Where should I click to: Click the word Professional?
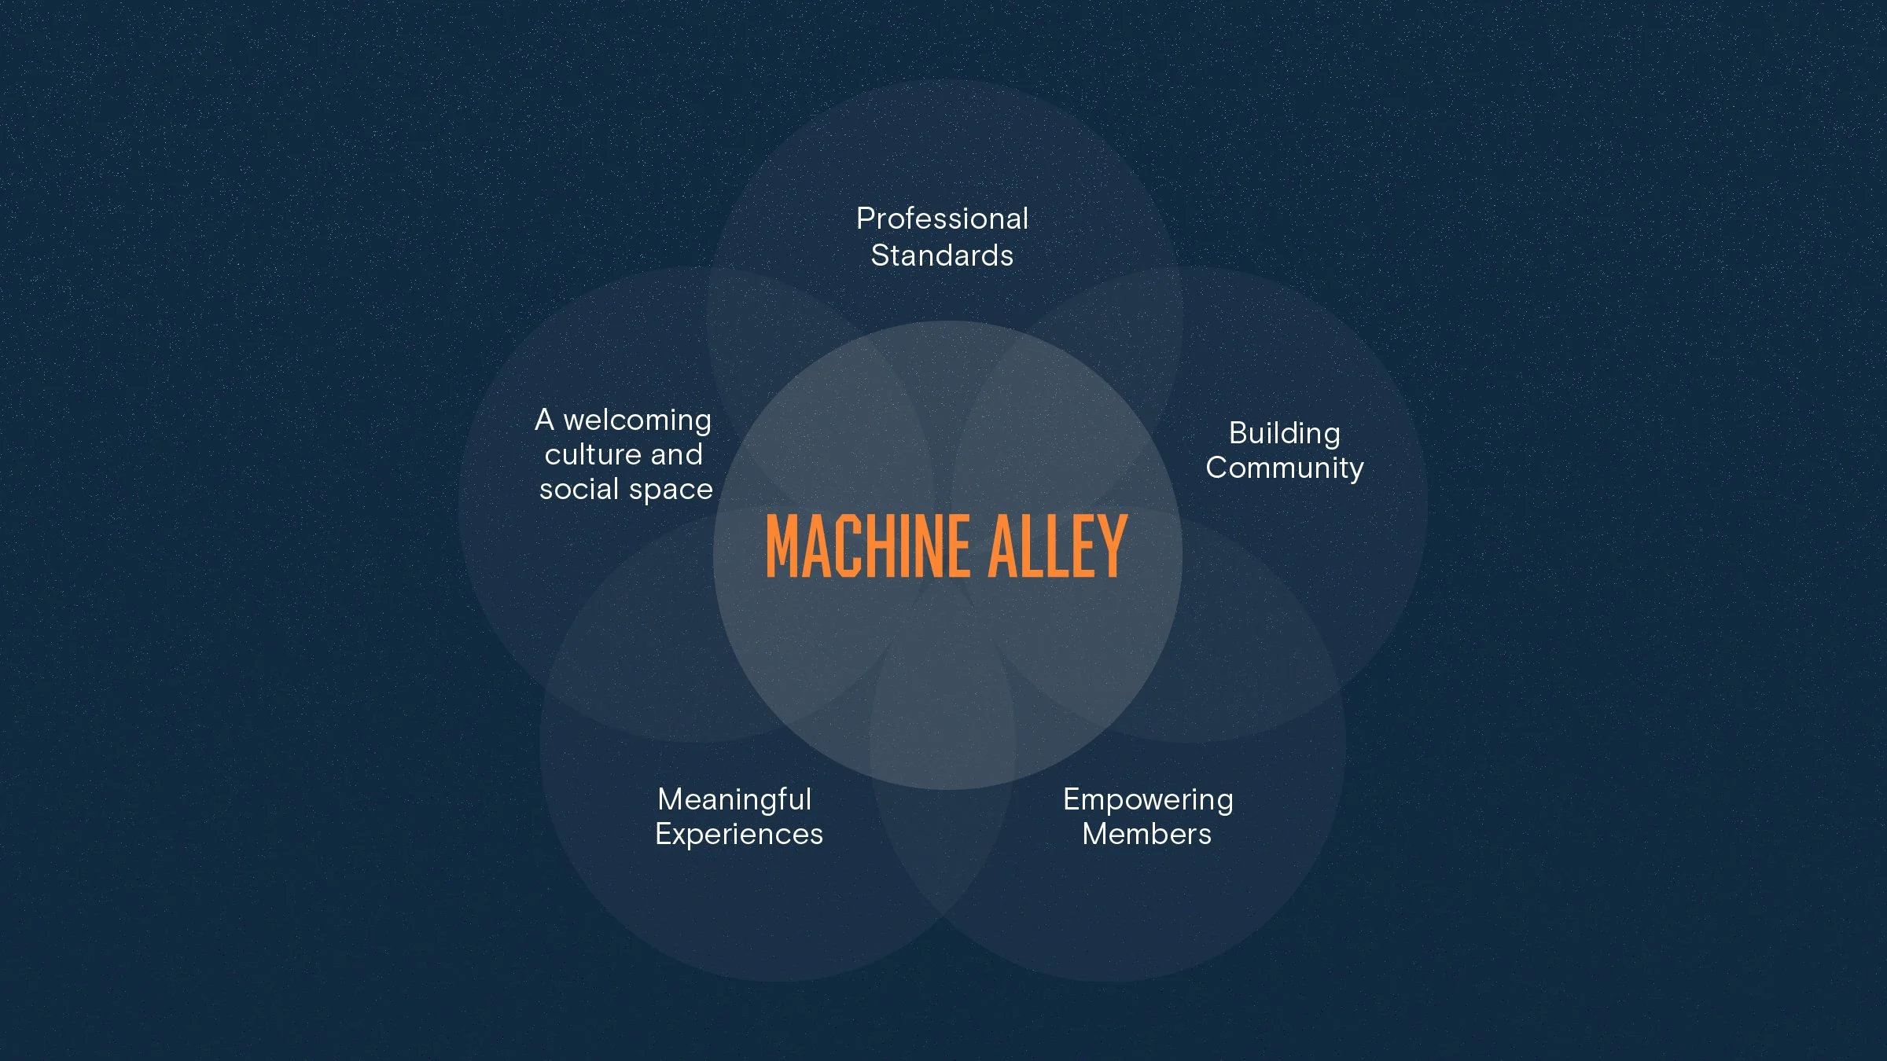[942, 218]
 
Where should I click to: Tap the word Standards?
[942, 255]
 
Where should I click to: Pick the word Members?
[1146, 834]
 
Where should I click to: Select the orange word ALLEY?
[1058, 545]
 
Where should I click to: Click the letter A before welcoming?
[545, 420]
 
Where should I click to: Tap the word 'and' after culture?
[676, 454]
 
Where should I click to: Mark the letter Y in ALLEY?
[1113, 545]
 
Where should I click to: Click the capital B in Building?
[1239, 433]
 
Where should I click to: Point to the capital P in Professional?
[866, 218]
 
